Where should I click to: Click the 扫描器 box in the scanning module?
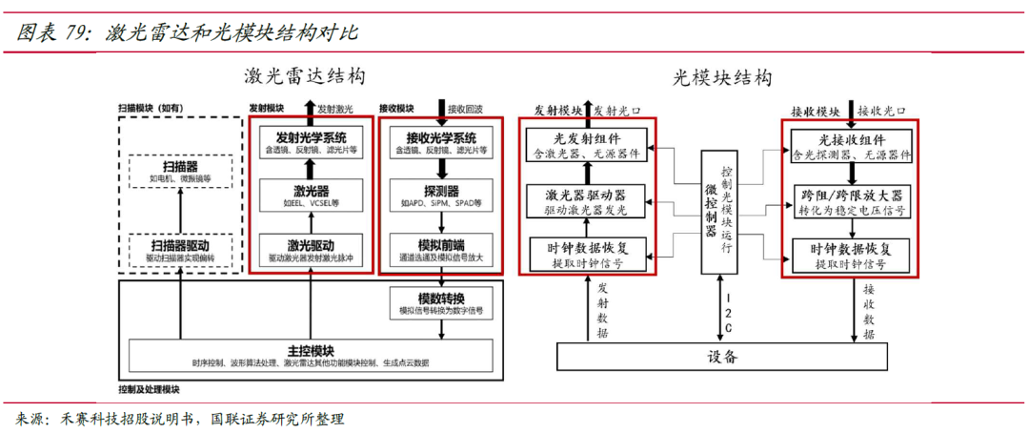[x=180, y=172]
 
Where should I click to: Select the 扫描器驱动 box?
[x=180, y=251]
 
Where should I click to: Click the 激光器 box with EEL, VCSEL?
[x=311, y=196]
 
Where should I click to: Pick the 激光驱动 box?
[x=311, y=250]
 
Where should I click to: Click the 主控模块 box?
[x=311, y=355]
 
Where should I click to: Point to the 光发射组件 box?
[x=585, y=144]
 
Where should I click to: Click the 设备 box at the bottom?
[x=722, y=357]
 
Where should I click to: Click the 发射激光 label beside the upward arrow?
[x=335, y=110]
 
